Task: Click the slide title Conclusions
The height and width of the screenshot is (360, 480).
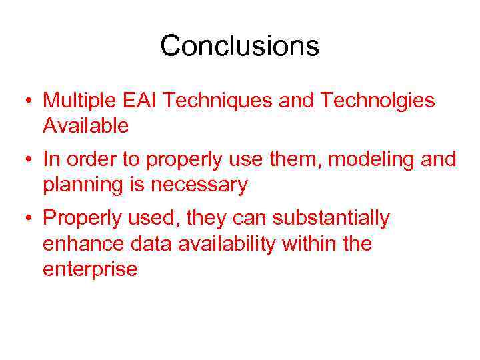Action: [239, 46]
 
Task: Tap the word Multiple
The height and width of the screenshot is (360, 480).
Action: [81, 101]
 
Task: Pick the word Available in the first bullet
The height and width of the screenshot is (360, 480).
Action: [85, 126]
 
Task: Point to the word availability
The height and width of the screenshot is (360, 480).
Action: [227, 244]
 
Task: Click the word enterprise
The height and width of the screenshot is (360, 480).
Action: [90, 269]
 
